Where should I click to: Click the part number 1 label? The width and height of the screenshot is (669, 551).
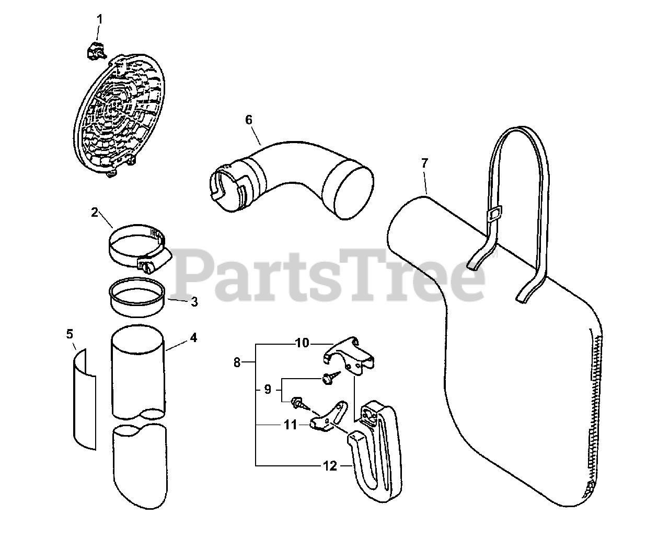pyautogui.click(x=99, y=19)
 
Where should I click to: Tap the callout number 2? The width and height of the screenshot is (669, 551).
pyautogui.click(x=95, y=212)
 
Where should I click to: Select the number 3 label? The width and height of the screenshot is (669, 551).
pyautogui.click(x=194, y=302)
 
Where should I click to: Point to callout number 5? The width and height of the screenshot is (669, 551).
pyautogui.click(x=70, y=333)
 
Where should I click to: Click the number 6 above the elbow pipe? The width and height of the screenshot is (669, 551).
pyautogui.click(x=249, y=120)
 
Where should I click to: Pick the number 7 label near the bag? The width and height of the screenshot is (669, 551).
pyautogui.click(x=424, y=163)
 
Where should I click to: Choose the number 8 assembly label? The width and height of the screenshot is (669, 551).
pyautogui.click(x=237, y=362)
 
